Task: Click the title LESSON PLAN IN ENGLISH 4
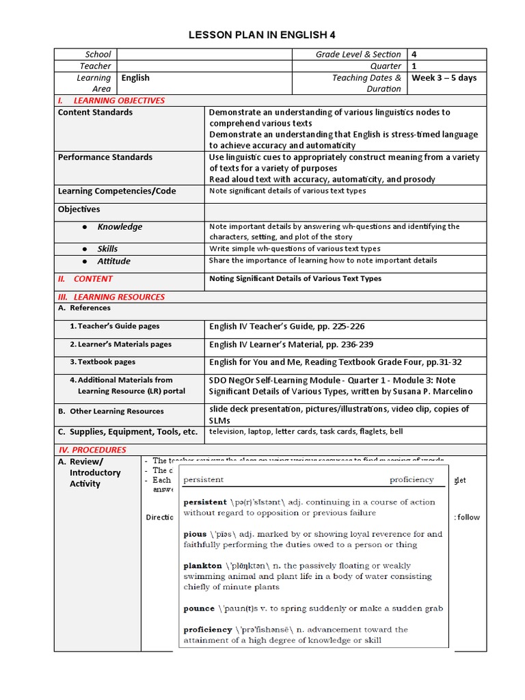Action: [262, 35]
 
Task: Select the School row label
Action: [98, 54]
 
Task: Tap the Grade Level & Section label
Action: [358, 54]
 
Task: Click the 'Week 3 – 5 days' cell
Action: [444, 78]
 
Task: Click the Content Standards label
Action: [95, 112]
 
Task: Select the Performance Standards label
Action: [105, 157]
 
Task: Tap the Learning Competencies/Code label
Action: [116, 191]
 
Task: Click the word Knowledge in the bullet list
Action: [120, 227]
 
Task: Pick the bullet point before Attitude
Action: [84, 262]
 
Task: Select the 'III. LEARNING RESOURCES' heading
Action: [111, 297]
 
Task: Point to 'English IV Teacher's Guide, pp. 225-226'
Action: [287, 327]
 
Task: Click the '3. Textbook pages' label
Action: [103, 362]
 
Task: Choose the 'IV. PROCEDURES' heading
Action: [92, 450]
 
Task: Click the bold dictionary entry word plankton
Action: [202, 566]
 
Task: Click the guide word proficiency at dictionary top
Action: [412, 480]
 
